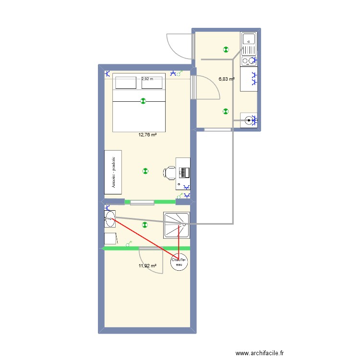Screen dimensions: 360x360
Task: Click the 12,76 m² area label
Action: point(147,135)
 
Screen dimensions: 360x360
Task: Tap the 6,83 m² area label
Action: point(227,79)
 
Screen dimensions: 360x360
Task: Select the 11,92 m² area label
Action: point(147,265)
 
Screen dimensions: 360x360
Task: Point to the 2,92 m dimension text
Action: point(147,79)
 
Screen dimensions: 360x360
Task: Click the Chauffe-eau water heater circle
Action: point(179,262)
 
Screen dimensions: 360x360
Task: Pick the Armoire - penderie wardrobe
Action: point(113,172)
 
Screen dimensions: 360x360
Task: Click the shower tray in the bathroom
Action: point(177,225)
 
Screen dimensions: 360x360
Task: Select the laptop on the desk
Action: point(184,170)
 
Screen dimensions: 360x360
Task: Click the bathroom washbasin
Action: point(109,219)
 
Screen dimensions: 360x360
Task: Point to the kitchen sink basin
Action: point(249,39)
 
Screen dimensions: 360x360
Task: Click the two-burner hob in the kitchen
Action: point(249,60)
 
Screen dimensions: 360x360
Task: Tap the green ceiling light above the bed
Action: point(143,101)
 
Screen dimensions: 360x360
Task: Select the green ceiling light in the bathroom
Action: point(144,224)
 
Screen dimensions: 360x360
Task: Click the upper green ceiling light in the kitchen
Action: point(226,49)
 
